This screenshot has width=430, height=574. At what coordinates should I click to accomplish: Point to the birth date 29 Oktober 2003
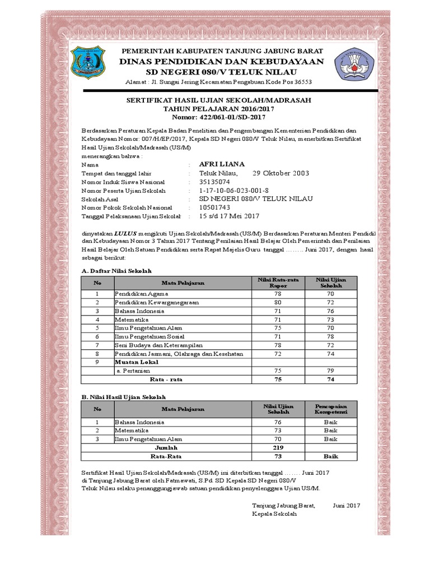(x=281, y=173)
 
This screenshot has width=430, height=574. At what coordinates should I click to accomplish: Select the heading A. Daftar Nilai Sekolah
(x=116, y=271)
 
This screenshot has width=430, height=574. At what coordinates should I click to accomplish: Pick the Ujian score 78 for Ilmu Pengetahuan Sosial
(x=331, y=336)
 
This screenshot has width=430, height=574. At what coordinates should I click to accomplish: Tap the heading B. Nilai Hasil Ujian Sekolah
(x=127, y=396)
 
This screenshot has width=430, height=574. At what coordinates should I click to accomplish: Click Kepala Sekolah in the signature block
(x=270, y=513)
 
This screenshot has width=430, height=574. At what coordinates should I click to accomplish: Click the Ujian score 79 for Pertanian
(x=331, y=371)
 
